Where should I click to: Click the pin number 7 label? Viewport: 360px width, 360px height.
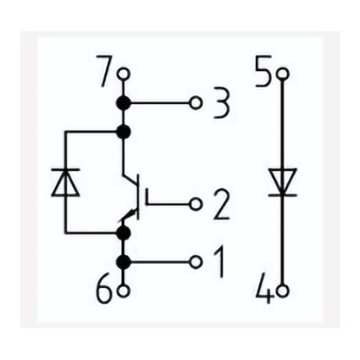106,71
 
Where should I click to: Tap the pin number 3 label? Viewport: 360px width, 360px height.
221,103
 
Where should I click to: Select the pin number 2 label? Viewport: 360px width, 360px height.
222,205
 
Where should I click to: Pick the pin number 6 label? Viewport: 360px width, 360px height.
105,289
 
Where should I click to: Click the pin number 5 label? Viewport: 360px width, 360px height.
263,71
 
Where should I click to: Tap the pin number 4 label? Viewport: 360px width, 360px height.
265,289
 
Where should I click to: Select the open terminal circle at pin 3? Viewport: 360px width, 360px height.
196,103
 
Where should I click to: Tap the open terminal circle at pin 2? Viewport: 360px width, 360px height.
196,205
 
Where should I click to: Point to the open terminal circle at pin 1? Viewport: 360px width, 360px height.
196,262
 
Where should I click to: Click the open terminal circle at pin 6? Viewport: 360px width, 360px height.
123,291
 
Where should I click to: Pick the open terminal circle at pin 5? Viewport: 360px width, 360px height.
282,74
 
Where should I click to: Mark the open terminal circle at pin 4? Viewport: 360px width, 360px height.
282,291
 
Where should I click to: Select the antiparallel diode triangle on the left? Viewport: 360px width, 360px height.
66,182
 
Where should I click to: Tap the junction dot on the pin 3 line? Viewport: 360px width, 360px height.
123,103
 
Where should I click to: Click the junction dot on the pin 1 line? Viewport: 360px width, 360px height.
123,262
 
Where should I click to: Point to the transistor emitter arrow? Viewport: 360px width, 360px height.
129,214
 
